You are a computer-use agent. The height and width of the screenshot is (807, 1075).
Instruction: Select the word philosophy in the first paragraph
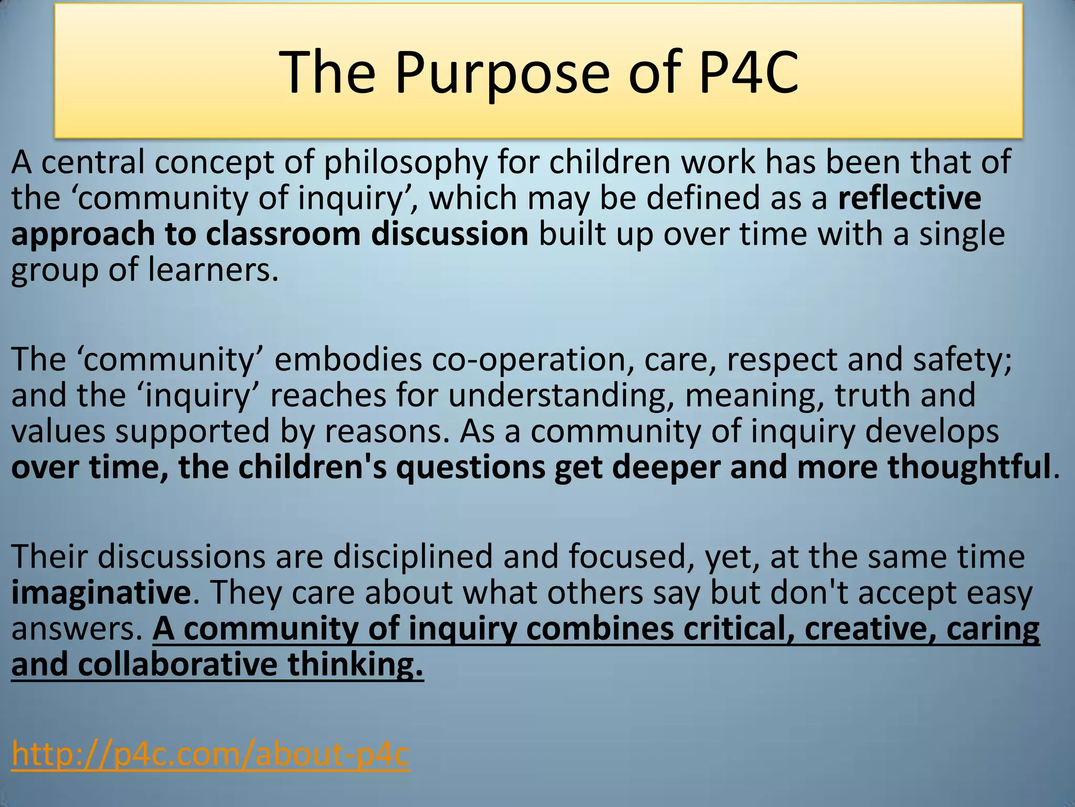pos(406,162)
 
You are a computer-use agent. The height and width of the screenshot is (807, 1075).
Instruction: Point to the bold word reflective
pos(909,198)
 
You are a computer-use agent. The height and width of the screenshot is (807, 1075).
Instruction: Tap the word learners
pos(213,270)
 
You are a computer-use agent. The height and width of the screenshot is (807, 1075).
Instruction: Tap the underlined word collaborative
pos(177,665)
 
